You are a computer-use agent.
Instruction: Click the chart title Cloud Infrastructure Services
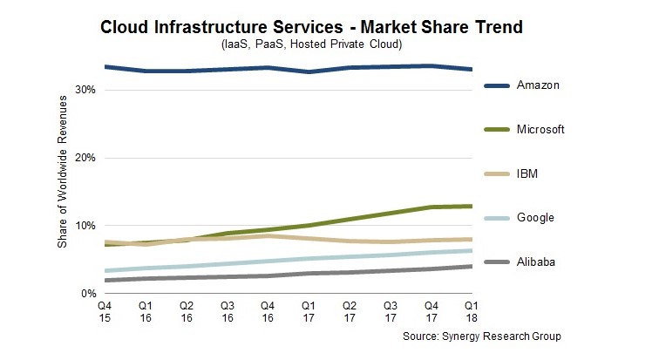[311, 27]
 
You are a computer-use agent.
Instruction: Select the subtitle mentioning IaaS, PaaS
[311, 44]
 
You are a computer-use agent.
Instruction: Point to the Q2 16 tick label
[186, 313]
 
